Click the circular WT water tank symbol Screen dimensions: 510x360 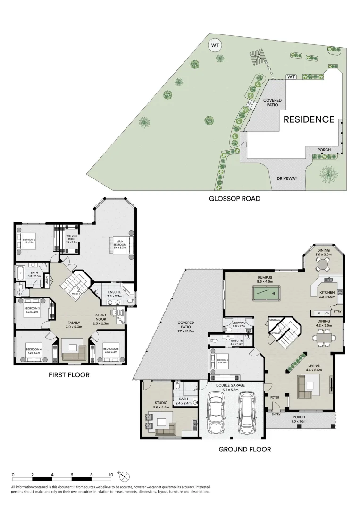click(215, 46)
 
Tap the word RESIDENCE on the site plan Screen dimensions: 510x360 click(309, 119)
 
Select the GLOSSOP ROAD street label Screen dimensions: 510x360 click(234, 199)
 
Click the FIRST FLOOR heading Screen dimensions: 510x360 click(69, 375)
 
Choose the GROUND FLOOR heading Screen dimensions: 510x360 click(244, 449)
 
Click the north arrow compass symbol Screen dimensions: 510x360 click(125, 476)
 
